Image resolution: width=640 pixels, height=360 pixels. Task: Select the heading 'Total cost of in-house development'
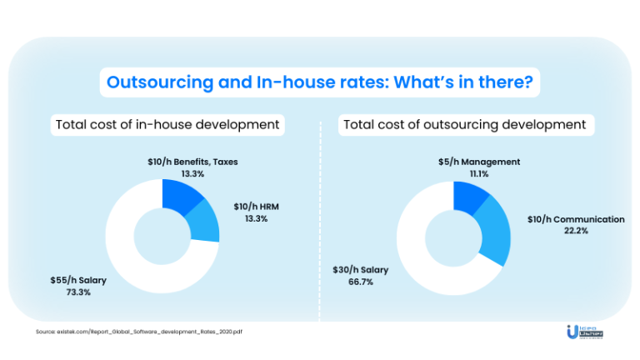tap(167, 125)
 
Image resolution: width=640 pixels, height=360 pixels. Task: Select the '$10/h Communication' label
tap(576, 219)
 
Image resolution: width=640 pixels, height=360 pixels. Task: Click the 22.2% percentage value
tap(575, 231)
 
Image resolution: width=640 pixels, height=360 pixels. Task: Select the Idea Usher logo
tap(583, 332)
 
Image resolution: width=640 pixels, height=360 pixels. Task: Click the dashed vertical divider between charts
tap(320, 225)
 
